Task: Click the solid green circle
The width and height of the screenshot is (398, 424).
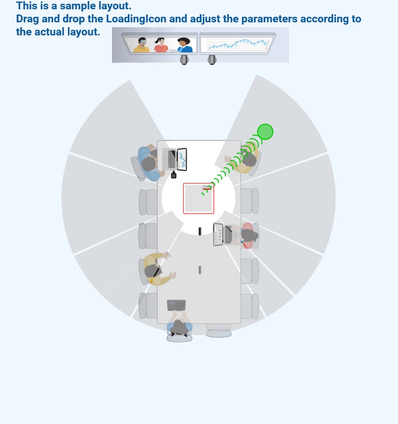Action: (265, 131)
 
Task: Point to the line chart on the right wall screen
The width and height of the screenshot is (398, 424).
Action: (237, 44)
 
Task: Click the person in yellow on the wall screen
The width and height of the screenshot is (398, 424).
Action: (141, 45)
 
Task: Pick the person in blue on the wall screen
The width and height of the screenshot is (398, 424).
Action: (185, 45)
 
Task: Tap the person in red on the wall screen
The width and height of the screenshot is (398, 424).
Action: (161, 45)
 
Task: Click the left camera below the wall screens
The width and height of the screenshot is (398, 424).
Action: (184, 60)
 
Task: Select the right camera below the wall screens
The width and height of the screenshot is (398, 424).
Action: (212, 60)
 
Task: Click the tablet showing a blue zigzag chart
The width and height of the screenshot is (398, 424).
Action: (181, 160)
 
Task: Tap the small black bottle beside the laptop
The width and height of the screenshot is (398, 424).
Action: (174, 175)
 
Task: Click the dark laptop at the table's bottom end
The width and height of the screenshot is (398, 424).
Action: (176, 305)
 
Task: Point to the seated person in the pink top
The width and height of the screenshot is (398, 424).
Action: (246, 235)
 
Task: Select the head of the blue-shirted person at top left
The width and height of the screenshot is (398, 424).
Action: (149, 164)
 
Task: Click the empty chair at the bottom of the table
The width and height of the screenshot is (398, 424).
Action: (219, 330)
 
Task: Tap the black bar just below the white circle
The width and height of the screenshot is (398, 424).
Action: (200, 231)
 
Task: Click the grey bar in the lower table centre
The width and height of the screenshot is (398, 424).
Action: (200, 270)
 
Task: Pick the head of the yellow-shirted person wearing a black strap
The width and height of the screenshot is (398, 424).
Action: (152, 271)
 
